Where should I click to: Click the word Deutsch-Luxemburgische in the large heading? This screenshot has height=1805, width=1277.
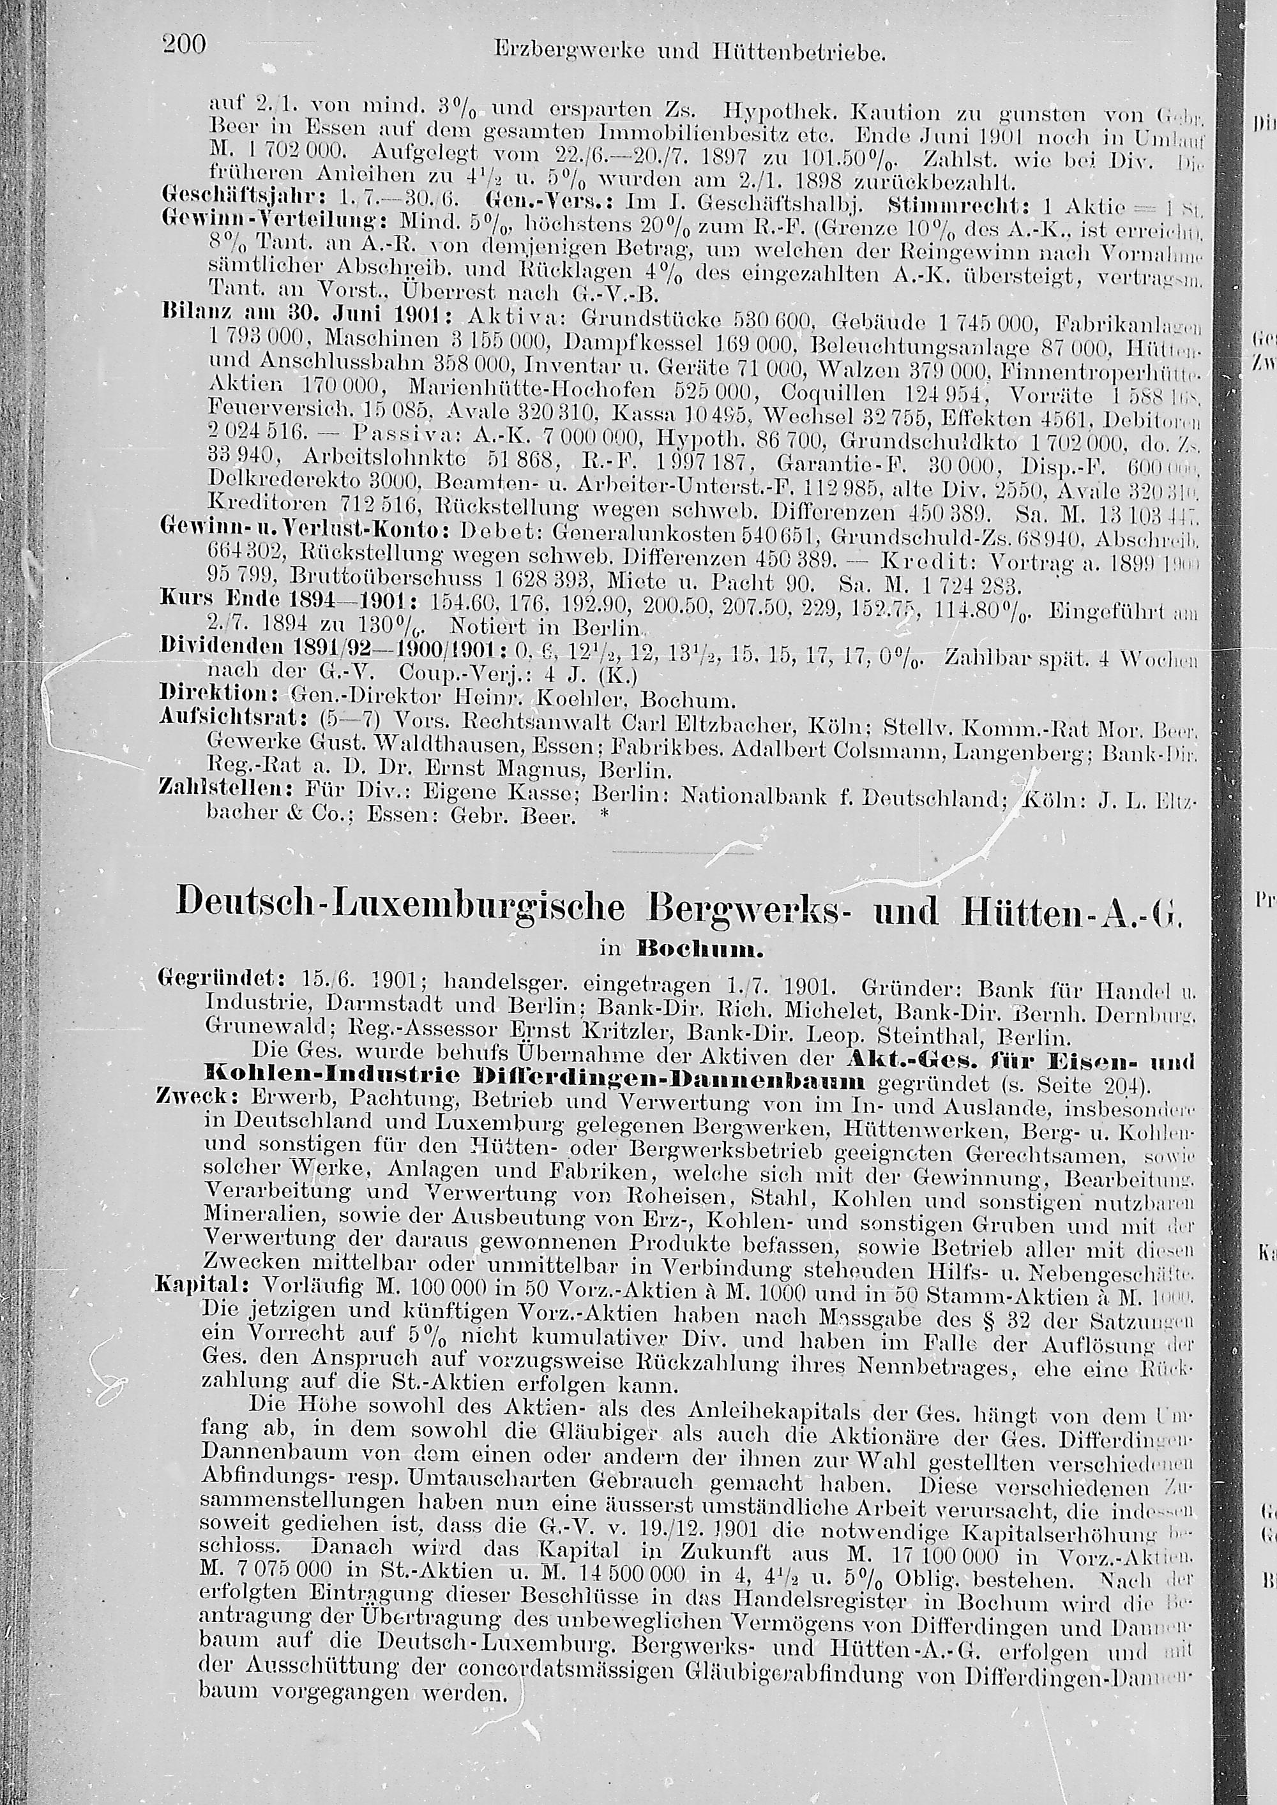click(400, 904)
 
